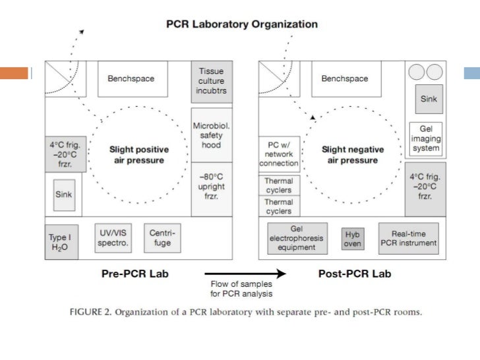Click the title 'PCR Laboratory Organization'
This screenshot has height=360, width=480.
(241, 24)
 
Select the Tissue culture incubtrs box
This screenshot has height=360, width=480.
(211, 81)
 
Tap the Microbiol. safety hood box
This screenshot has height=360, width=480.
(211, 135)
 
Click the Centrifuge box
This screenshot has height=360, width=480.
(162, 238)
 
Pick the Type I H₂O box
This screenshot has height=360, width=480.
(58, 241)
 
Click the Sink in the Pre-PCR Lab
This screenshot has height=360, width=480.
(64, 195)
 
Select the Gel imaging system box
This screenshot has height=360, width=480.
(425, 138)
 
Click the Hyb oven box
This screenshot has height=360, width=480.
(353, 239)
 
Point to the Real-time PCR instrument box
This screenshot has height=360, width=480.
(408, 239)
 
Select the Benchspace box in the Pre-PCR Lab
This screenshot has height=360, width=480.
(131, 79)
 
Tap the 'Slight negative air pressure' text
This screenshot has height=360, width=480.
(350, 155)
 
